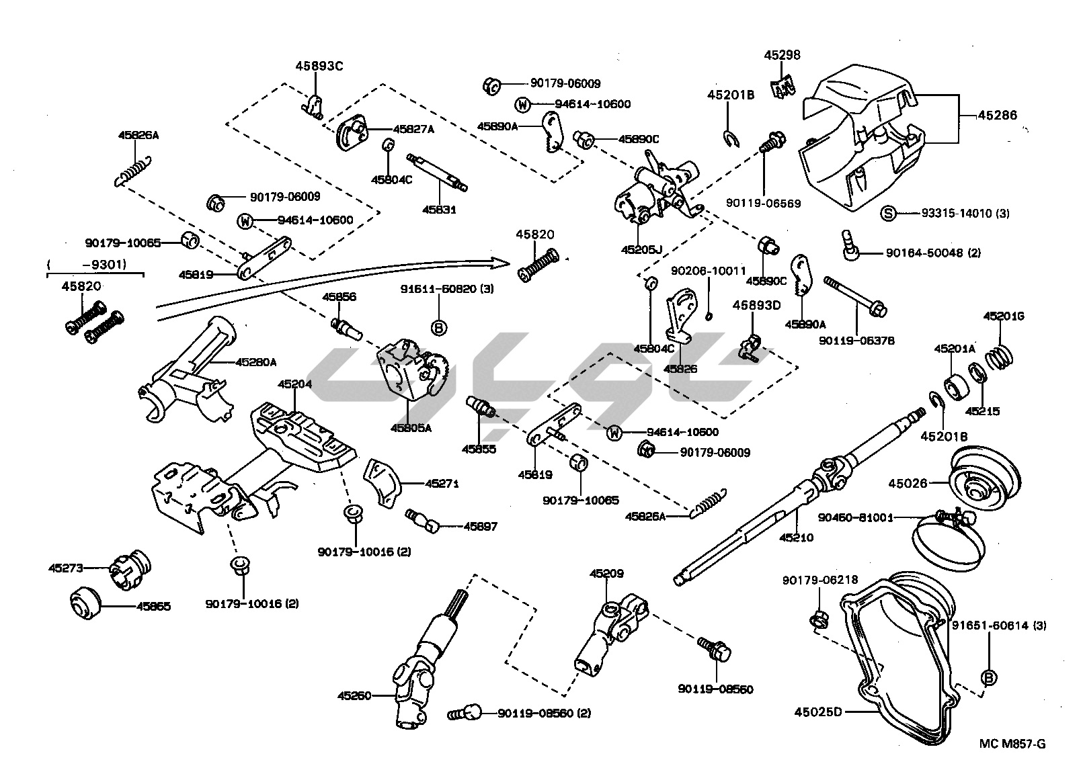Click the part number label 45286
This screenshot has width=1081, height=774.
997,116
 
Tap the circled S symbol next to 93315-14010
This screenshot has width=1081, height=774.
888,214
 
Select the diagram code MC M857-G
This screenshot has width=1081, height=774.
1012,743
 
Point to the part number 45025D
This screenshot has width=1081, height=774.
817,711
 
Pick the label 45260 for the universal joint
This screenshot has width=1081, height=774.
354,695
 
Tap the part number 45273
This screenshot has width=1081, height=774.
65,568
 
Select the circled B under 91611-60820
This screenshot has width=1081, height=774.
438,328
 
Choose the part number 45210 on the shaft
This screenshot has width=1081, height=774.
797,537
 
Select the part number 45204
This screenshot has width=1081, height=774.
294,384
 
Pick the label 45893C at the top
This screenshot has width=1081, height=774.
319,66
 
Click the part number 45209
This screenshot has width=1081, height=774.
606,574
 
